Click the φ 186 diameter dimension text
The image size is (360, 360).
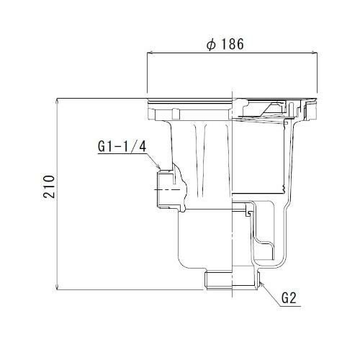pos(225,44)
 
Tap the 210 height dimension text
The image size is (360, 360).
pos(49,186)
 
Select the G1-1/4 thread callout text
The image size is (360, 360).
pos(122,146)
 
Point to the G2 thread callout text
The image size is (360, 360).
pos(289,298)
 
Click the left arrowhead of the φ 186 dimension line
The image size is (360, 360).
pos(150,53)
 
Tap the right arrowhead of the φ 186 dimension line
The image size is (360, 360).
pos(315,53)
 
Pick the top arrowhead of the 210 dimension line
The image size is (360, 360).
pos(57,101)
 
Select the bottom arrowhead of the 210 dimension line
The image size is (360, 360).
pos(57,287)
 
